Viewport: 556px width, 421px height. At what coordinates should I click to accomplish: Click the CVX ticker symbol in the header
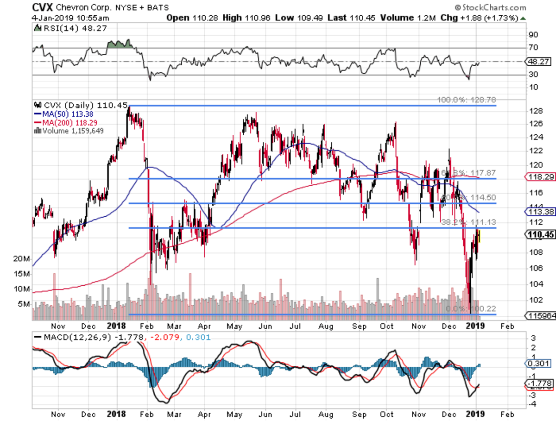pyautogui.click(x=42, y=7)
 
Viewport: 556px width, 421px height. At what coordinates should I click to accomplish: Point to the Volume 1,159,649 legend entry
pyautogui.click(x=72, y=131)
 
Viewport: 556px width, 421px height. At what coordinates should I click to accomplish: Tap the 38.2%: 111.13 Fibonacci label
pyautogui.click(x=468, y=222)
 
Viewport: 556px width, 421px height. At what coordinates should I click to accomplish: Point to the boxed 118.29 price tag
pyautogui.click(x=541, y=177)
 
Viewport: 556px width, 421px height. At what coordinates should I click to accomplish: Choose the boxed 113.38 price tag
pyautogui.click(x=541, y=212)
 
